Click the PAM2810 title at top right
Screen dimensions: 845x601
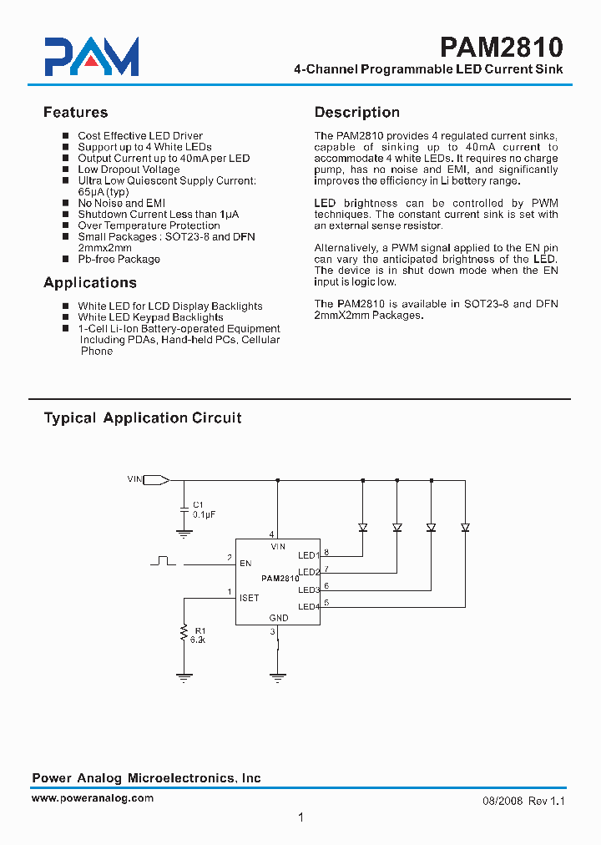502,46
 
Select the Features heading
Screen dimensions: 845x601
75,113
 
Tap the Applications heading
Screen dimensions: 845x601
90,283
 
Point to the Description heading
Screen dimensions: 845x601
356,113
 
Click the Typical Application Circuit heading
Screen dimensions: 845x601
143,418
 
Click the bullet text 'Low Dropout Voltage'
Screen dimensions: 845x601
129,170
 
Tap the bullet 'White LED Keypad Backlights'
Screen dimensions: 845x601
150,317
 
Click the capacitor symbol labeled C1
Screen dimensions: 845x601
184,508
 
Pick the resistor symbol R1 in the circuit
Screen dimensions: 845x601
184,635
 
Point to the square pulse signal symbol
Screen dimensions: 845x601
163,560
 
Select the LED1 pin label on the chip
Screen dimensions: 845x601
308,555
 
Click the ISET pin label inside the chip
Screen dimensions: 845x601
249,598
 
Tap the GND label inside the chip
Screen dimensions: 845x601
279,618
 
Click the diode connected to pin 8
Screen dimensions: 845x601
363,527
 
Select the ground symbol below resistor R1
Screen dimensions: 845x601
184,677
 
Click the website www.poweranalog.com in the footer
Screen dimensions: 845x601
93,798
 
